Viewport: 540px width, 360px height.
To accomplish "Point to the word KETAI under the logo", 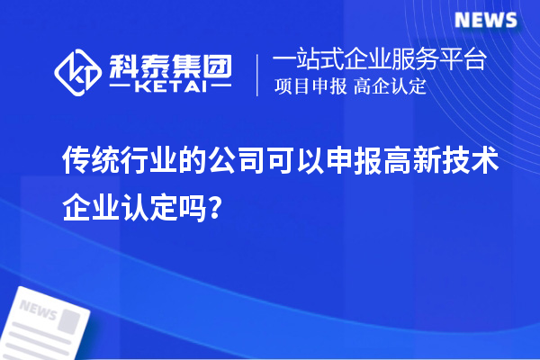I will [x=169, y=88].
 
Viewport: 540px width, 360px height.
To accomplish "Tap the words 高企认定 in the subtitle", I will [x=390, y=87].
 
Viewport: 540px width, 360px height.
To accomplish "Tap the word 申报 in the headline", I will [x=354, y=162].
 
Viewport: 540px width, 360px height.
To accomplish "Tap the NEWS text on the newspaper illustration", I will [x=37, y=312].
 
